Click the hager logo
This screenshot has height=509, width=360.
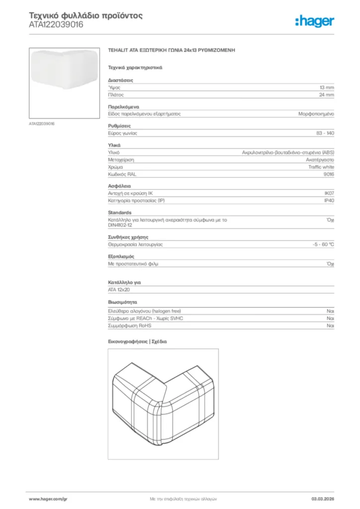pyautogui.click(x=315, y=21)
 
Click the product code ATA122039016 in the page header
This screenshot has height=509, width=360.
pyautogui.click(x=56, y=24)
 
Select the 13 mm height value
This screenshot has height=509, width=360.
pyautogui.click(x=326, y=87)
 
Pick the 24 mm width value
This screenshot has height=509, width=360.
pyautogui.click(x=326, y=94)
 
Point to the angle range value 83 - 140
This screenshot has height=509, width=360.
pyautogui.click(x=325, y=133)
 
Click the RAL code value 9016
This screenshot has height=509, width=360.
pyautogui.click(x=329, y=174)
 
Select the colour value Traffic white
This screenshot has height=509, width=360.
pyautogui.click(x=321, y=167)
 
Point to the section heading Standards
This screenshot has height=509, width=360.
pyautogui.click(x=120, y=212)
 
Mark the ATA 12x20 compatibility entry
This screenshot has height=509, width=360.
pyautogui.click(x=119, y=289)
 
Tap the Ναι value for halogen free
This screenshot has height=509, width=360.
pyautogui.click(x=330, y=311)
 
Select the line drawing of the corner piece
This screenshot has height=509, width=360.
pyautogui.click(x=163, y=404)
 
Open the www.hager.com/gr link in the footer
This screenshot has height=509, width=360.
pyautogui.click(x=48, y=499)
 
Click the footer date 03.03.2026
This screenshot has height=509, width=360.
pyautogui.click(x=323, y=499)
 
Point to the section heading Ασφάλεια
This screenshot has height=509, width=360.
pyautogui.click(x=119, y=186)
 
